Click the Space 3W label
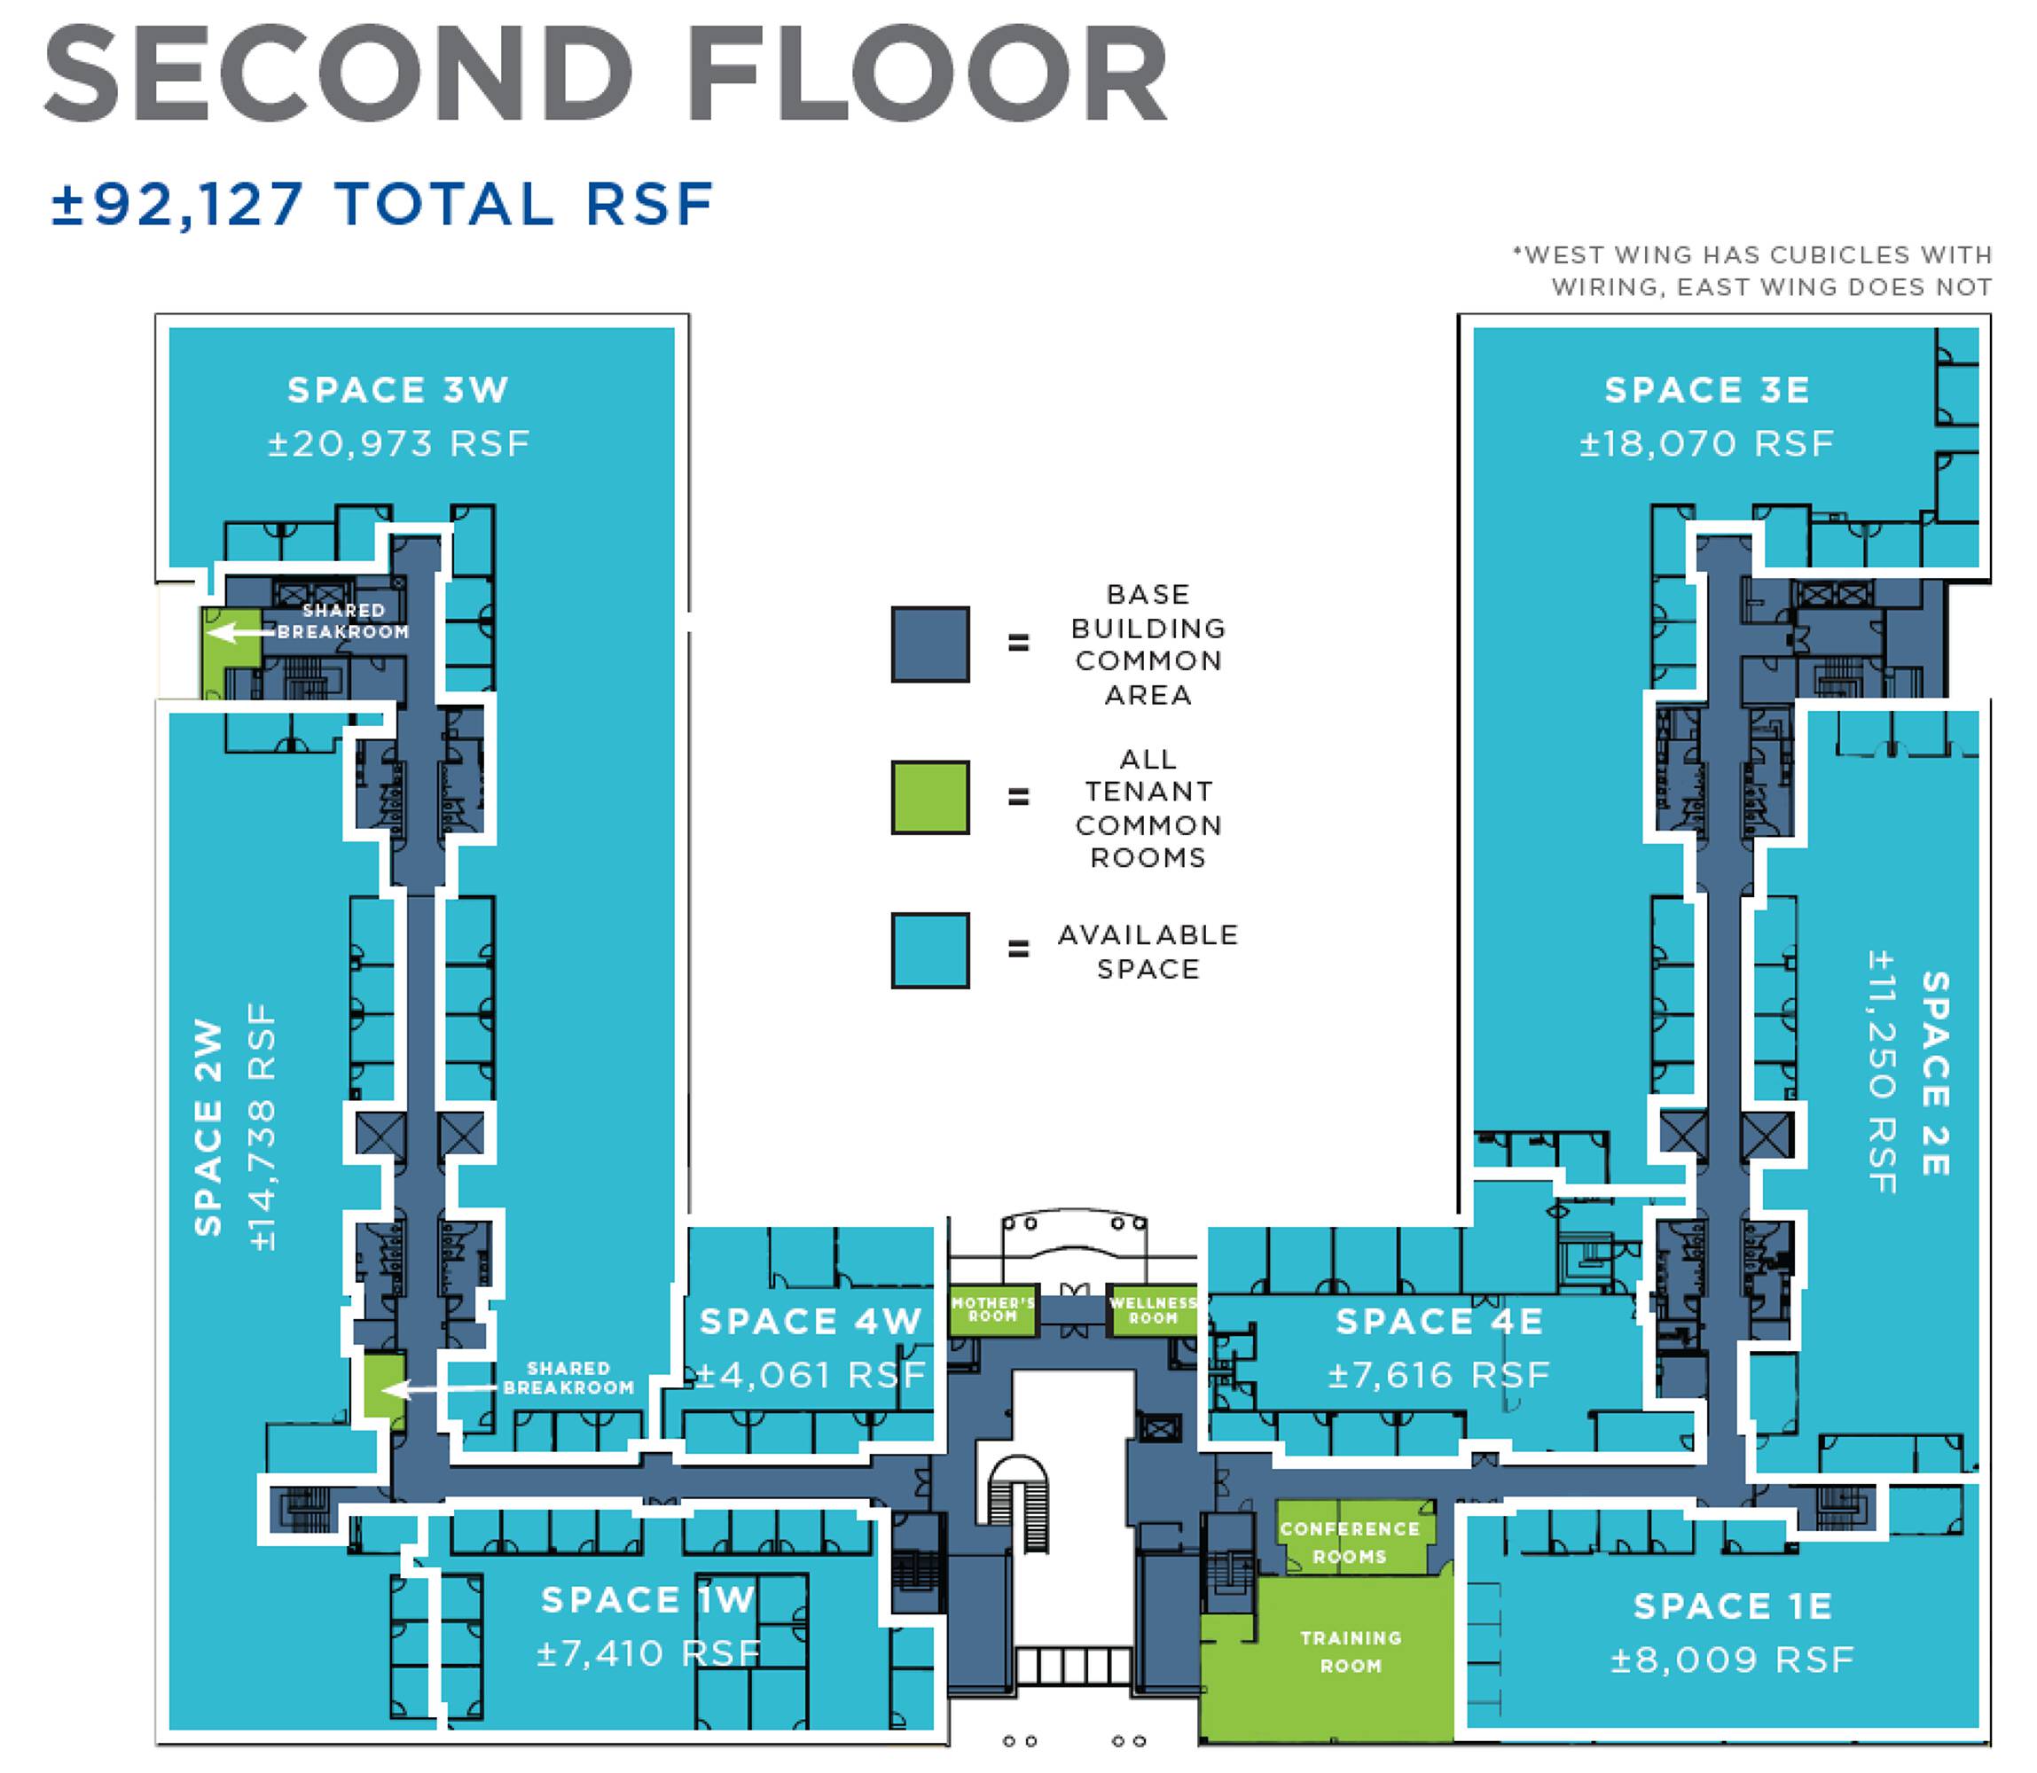coord(398,390)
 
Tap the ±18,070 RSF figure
coord(1706,443)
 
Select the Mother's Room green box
coord(991,1312)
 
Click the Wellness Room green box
coord(1153,1312)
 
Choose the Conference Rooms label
coord(1350,1543)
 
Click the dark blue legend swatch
coord(929,644)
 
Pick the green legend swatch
coord(929,798)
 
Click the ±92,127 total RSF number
coord(178,204)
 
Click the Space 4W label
coord(811,1322)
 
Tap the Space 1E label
coord(1732,1606)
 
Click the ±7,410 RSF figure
coord(648,1653)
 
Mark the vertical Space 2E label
coord(1935,1074)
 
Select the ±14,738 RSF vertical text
coord(262,1128)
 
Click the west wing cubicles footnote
coord(1752,271)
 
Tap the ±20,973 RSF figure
coord(399,443)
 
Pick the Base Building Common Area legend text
coord(1148,644)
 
